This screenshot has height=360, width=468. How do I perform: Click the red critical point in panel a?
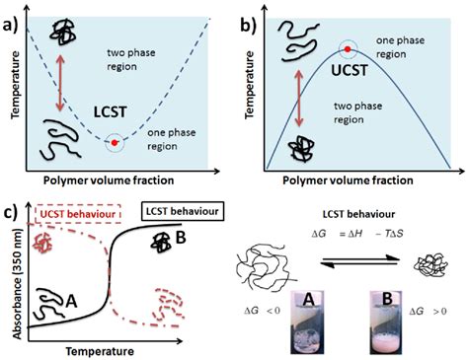tap(117, 143)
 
